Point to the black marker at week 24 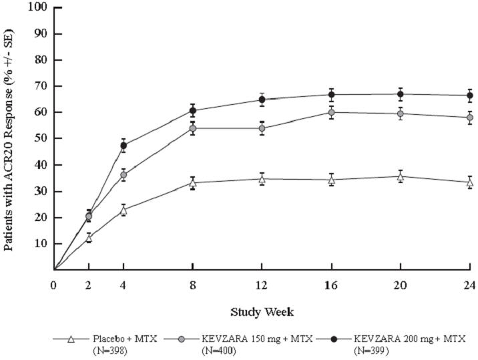pos(470,96)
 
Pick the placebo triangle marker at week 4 pos(124,210)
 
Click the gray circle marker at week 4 pos(124,175)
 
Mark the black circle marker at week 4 pos(124,146)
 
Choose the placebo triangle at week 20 pos(401,176)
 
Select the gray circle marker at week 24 pos(470,118)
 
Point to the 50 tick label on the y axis pos(41,138)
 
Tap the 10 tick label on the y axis pos(41,243)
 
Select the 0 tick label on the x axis pos(54,285)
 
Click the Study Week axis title pos(262,311)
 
